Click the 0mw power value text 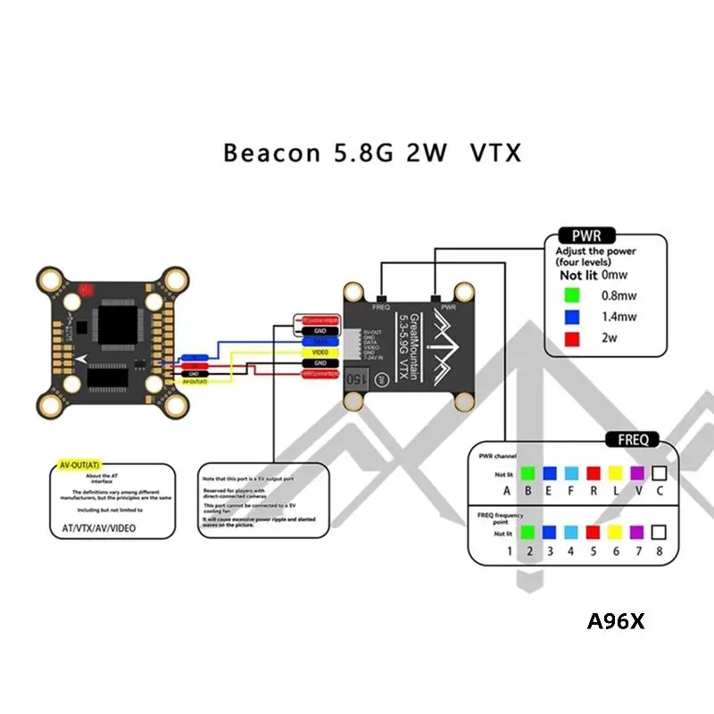click(x=614, y=276)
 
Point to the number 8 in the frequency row click(x=660, y=552)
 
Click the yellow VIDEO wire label click(x=320, y=352)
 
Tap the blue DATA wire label click(x=320, y=341)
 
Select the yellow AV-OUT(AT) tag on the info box click(x=78, y=466)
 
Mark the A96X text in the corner click(x=615, y=621)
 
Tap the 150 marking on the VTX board click(x=354, y=377)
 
